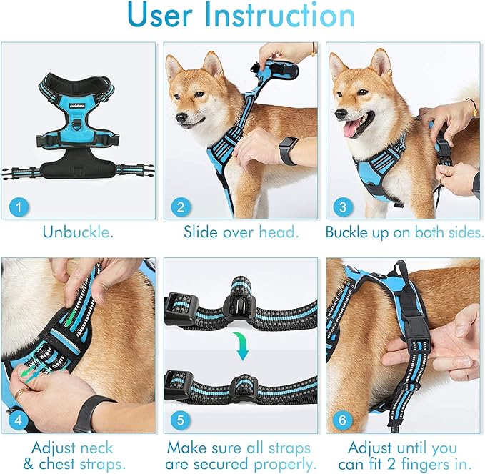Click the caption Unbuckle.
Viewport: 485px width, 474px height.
(77, 232)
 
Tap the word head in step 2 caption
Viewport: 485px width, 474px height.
(276, 232)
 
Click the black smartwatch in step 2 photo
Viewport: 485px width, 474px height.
(289, 151)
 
